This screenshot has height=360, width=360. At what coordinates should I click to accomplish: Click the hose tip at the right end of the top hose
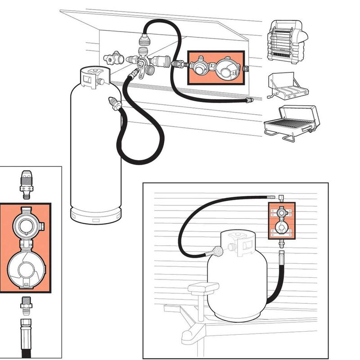248,100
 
